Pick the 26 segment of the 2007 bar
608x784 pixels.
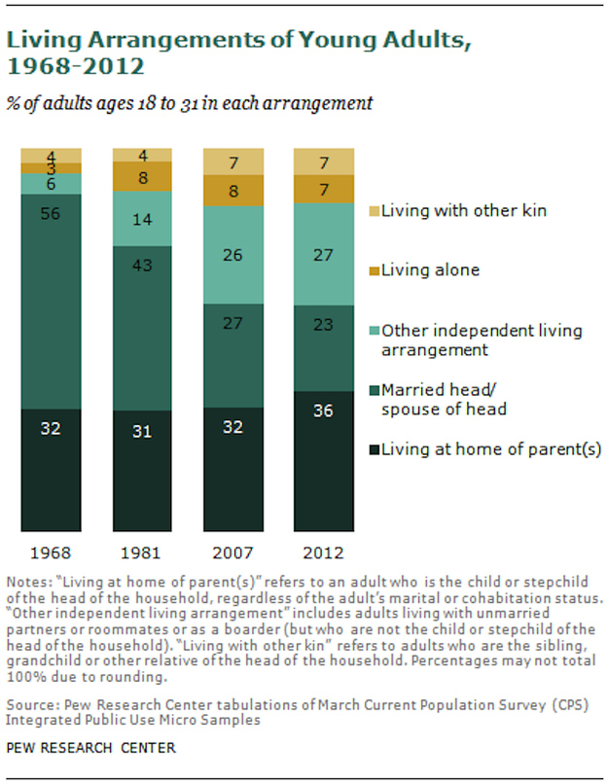tap(232, 256)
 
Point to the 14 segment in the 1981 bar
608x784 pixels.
tap(142, 218)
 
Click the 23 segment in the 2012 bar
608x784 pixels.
tap(323, 348)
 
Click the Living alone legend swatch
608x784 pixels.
tap(373, 269)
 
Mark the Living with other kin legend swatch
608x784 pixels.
tap(373, 209)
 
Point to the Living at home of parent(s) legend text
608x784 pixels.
tap(492, 448)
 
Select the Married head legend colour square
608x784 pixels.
tap(373, 390)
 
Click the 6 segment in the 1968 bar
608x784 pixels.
tap(51, 183)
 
